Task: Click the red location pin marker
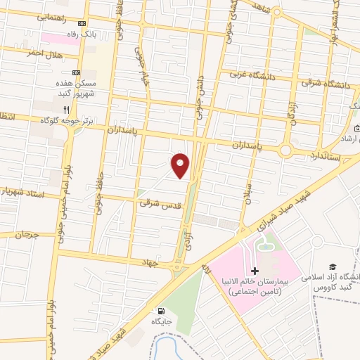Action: click(181, 166)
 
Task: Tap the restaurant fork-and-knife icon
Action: click(67, 110)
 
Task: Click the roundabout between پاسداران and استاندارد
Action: click(285, 150)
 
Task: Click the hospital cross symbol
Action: click(255, 271)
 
